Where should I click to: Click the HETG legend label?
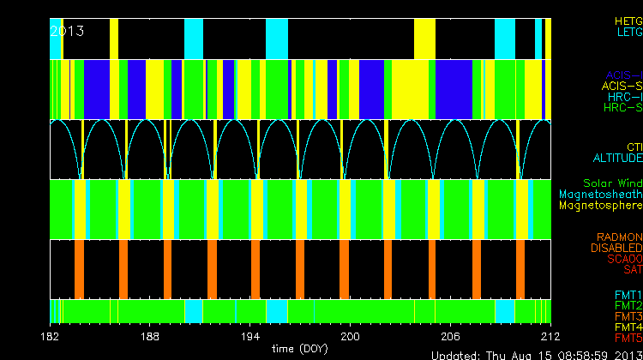pyautogui.click(x=628, y=21)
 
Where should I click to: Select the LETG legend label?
pyautogui.click(x=628, y=33)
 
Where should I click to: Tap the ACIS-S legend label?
pyautogui.click(x=622, y=86)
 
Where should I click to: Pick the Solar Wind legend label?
pyautogui.click(x=612, y=183)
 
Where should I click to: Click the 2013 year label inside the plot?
pyautogui.click(x=68, y=31)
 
